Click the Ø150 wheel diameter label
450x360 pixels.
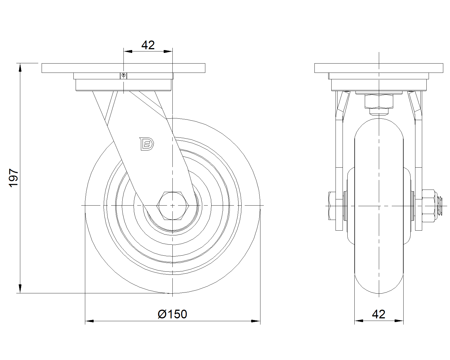[172, 314]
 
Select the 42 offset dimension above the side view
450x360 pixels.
[148, 45]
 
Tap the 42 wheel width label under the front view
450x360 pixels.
[379, 314]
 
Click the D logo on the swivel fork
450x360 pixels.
[147, 144]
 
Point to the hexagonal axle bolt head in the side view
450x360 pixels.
[173, 206]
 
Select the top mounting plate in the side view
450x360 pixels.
[123, 68]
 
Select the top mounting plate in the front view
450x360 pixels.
[379, 68]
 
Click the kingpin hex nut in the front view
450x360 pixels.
[379, 101]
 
